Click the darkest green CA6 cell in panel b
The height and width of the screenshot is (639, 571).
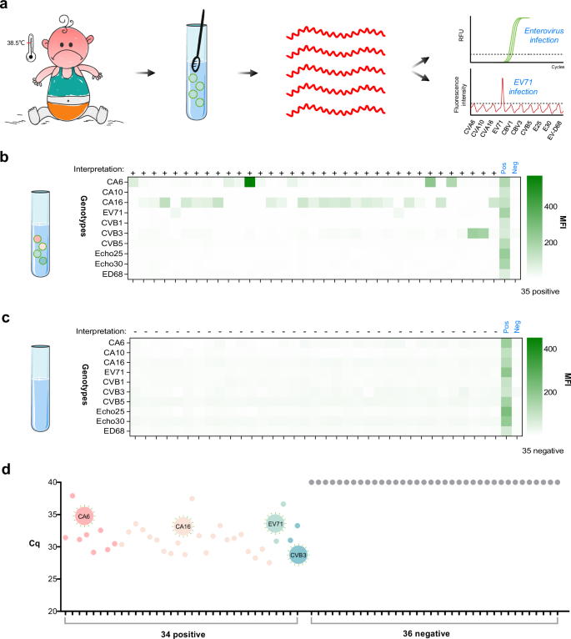click(248, 183)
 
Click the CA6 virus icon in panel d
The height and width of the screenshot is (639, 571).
click(83, 516)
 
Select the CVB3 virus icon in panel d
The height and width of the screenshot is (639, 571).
click(298, 554)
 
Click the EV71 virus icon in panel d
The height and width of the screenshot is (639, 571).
click(276, 524)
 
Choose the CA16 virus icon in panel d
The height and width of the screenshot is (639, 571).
click(183, 526)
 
